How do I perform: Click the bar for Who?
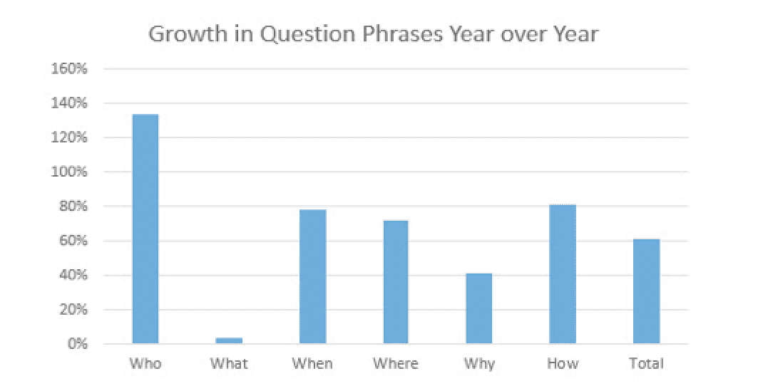pyautogui.click(x=145, y=229)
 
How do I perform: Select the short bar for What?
pyautogui.click(x=229, y=340)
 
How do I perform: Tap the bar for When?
pyautogui.click(x=313, y=276)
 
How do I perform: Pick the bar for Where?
pyautogui.click(x=396, y=282)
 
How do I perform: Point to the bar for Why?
pyautogui.click(x=479, y=308)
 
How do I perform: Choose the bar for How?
pyautogui.click(x=563, y=274)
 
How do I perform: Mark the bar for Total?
pyautogui.click(x=647, y=291)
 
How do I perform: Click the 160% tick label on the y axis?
pyautogui.click(x=69, y=69)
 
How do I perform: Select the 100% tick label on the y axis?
pyautogui.click(x=69, y=172)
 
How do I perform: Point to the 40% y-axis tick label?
pyautogui.click(x=73, y=276)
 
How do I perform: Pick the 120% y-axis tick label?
pyautogui.click(x=69, y=137)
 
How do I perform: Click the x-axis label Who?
pyautogui.click(x=145, y=364)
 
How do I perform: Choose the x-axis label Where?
pyautogui.click(x=396, y=364)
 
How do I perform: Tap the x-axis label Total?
pyautogui.click(x=646, y=364)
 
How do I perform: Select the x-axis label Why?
pyautogui.click(x=479, y=364)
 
